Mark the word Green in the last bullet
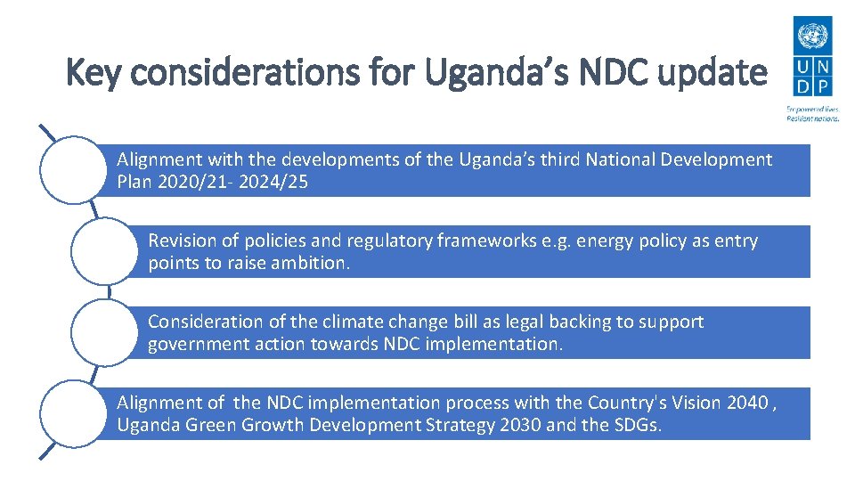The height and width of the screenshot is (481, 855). [208, 426]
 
